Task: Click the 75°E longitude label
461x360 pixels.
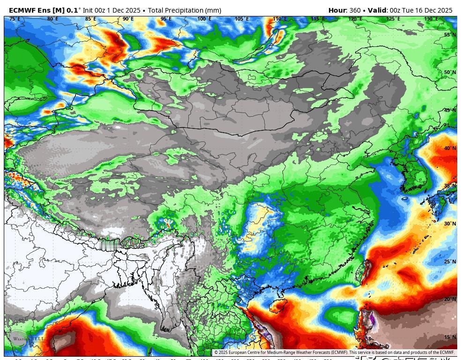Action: [x=15, y=19]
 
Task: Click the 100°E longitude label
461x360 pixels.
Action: [x=204, y=19]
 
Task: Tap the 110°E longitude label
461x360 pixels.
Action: [x=280, y=19]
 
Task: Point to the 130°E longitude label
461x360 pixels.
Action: [x=431, y=19]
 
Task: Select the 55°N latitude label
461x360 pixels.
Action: [x=450, y=35]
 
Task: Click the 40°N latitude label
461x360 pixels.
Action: [x=450, y=148]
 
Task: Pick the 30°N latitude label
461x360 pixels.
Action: [x=450, y=224]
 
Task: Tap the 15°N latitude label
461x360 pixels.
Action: [x=450, y=337]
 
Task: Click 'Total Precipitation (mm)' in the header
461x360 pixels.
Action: [x=185, y=10]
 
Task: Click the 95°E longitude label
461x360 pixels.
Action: [x=166, y=19]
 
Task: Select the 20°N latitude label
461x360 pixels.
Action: [x=450, y=299]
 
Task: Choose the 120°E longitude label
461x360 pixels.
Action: [x=355, y=19]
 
